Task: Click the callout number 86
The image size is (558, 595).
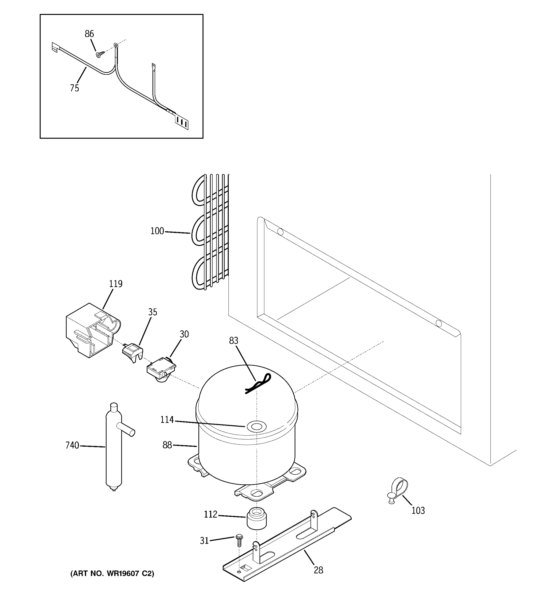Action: (x=89, y=34)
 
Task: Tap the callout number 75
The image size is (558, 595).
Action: (x=75, y=88)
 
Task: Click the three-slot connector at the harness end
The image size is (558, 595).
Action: (x=182, y=122)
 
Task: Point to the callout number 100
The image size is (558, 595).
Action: (x=157, y=231)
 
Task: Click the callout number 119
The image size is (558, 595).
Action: (x=116, y=284)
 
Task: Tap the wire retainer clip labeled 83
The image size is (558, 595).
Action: (x=258, y=384)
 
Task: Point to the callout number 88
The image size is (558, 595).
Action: (x=167, y=445)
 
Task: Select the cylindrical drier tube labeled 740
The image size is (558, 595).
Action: (x=114, y=449)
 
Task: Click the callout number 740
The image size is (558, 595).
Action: (x=72, y=445)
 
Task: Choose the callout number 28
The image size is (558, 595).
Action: (x=318, y=570)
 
